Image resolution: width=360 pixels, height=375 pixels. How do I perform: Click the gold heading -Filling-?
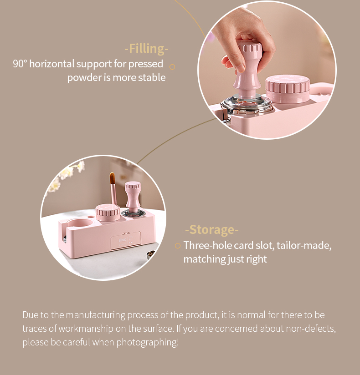click(146, 49)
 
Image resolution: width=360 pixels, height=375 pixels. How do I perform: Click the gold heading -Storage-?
click(212, 229)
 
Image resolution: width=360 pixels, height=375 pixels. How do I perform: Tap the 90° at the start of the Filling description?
click(20, 64)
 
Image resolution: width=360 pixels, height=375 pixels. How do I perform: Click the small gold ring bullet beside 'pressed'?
click(172, 67)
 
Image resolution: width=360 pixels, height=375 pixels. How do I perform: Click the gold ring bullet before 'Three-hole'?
click(177, 246)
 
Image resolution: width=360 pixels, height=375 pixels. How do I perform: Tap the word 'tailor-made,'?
click(304, 245)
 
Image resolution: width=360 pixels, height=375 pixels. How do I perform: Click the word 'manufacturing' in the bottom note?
click(95, 315)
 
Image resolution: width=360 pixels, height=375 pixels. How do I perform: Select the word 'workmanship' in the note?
click(86, 329)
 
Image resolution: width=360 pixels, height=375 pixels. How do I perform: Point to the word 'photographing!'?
click(148, 342)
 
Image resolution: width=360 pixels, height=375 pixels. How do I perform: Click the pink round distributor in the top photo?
click(288, 89)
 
